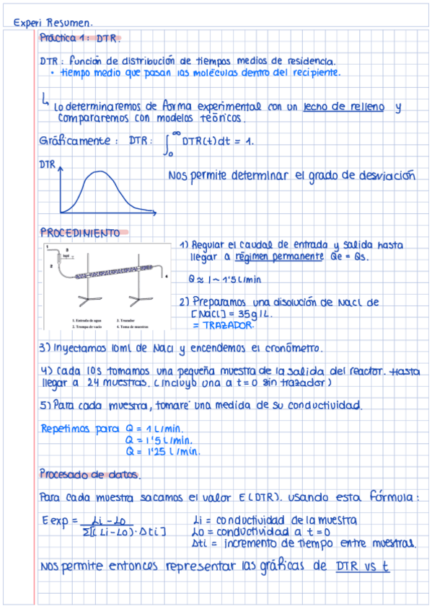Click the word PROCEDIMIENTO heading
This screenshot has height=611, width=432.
tap(79, 233)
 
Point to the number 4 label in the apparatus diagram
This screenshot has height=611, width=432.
tap(167, 275)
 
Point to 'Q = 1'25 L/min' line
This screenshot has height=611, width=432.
tap(162, 452)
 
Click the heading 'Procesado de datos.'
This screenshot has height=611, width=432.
tap(90, 475)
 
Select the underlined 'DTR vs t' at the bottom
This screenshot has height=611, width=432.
tap(362, 566)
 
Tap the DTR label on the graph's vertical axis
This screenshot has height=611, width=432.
tap(47, 165)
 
